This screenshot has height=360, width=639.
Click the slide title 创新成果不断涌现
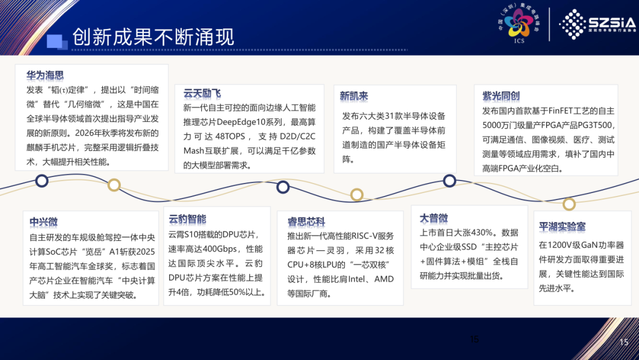(x=153, y=37)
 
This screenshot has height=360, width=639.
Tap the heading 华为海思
(x=45, y=75)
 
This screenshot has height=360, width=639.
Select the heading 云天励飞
(x=202, y=94)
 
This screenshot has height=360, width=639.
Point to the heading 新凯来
(x=354, y=97)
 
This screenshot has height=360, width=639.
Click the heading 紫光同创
(x=501, y=97)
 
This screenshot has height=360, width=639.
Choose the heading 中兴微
(x=44, y=222)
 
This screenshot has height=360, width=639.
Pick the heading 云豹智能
(x=188, y=219)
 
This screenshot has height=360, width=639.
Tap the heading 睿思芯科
(x=306, y=222)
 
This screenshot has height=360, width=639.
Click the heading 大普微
(x=434, y=218)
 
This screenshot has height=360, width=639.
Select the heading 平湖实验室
(x=562, y=227)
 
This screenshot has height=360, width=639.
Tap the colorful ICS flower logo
(x=518, y=23)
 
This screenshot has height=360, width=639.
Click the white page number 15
(x=624, y=342)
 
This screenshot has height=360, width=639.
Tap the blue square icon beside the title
(x=57, y=42)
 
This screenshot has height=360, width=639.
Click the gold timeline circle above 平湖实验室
(x=569, y=204)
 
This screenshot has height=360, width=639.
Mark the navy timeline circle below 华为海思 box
(x=42, y=181)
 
